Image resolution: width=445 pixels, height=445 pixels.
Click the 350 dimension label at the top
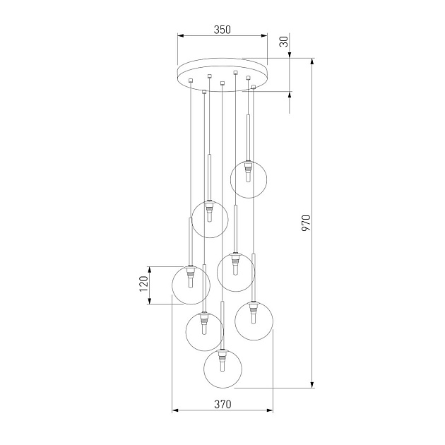coord(222,30)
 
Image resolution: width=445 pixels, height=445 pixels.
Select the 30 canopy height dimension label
coord(284,42)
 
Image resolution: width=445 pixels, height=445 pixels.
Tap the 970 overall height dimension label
coord(306,223)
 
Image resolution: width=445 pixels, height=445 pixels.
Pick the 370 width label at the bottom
coord(222,405)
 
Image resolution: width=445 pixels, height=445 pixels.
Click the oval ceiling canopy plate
coord(222,75)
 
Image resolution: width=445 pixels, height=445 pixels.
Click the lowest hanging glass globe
coord(222,369)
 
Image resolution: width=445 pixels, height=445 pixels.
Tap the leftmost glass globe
coord(191,285)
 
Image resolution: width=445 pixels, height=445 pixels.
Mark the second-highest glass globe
coord(210,219)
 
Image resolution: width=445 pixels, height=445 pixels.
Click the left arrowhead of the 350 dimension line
coord(179,36)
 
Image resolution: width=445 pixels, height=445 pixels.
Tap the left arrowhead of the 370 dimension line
coord(174,410)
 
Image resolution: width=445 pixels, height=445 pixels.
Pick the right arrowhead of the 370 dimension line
coord(272,410)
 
